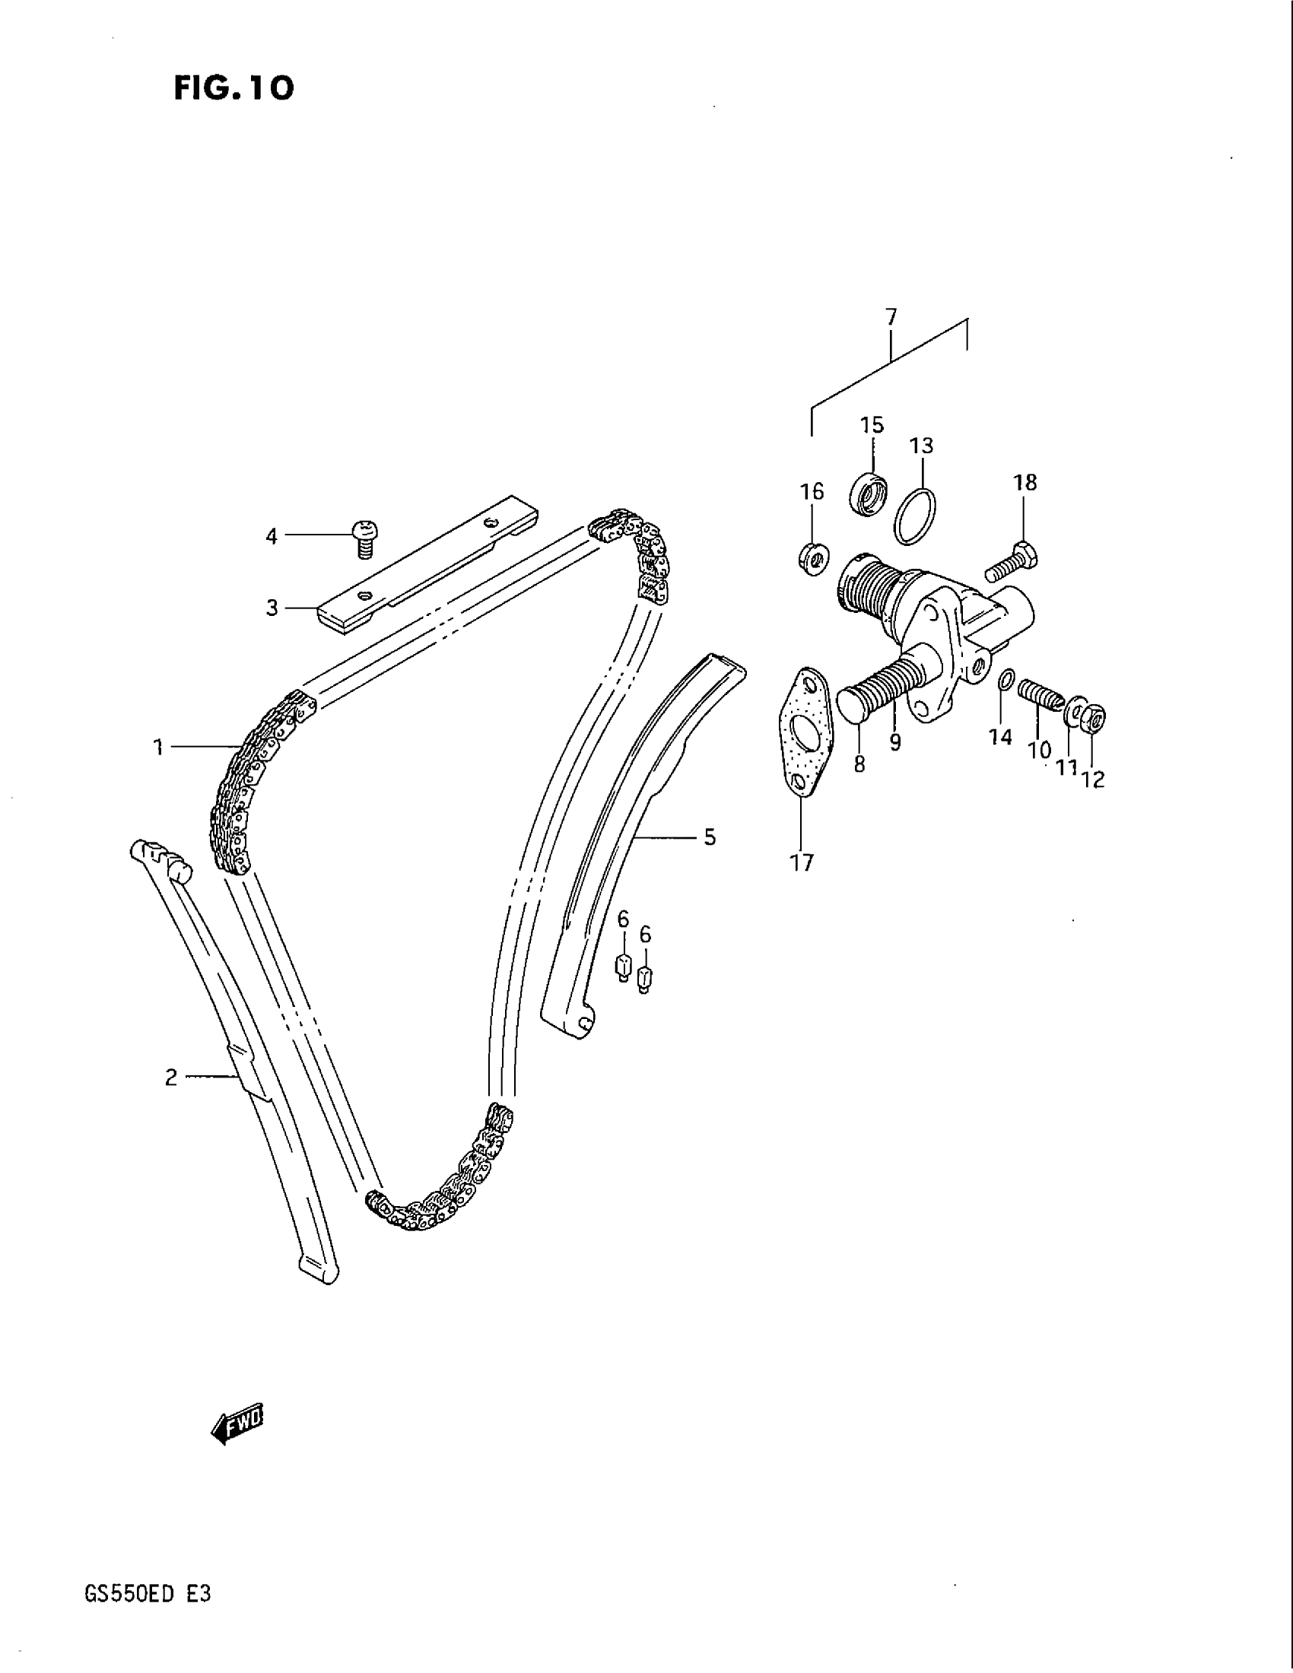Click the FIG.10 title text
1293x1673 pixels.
click(x=233, y=89)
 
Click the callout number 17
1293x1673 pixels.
click(x=801, y=862)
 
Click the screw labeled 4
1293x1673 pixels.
click(x=366, y=537)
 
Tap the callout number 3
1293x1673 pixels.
click(x=272, y=608)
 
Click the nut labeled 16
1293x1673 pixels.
click(x=812, y=557)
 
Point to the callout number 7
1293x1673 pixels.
click(x=891, y=316)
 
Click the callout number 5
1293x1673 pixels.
click(x=710, y=837)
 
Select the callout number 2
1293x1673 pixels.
click(x=171, y=1078)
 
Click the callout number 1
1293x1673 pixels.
click(x=157, y=747)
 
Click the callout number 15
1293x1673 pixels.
click(x=872, y=424)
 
